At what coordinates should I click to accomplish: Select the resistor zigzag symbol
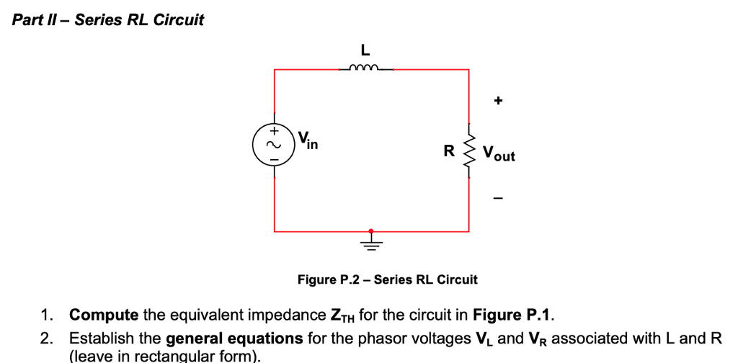click(x=469, y=152)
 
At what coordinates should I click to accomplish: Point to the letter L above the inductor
click(x=365, y=50)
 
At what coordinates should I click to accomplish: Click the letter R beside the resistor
click(x=449, y=152)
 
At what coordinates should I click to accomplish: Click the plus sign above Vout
click(x=497, y=102)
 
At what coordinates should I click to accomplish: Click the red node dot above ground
click(x=371, y=231)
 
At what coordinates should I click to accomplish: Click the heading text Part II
click(x=39, y=20)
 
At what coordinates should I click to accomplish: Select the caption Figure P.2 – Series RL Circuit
click(x=387, y=279)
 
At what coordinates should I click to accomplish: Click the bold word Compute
click(x=104, y=315)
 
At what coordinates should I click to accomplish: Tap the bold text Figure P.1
click(x=512, y=315)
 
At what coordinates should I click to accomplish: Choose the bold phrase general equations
click(x=234, y=339)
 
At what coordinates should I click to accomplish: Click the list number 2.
click(x=47, y=339)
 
